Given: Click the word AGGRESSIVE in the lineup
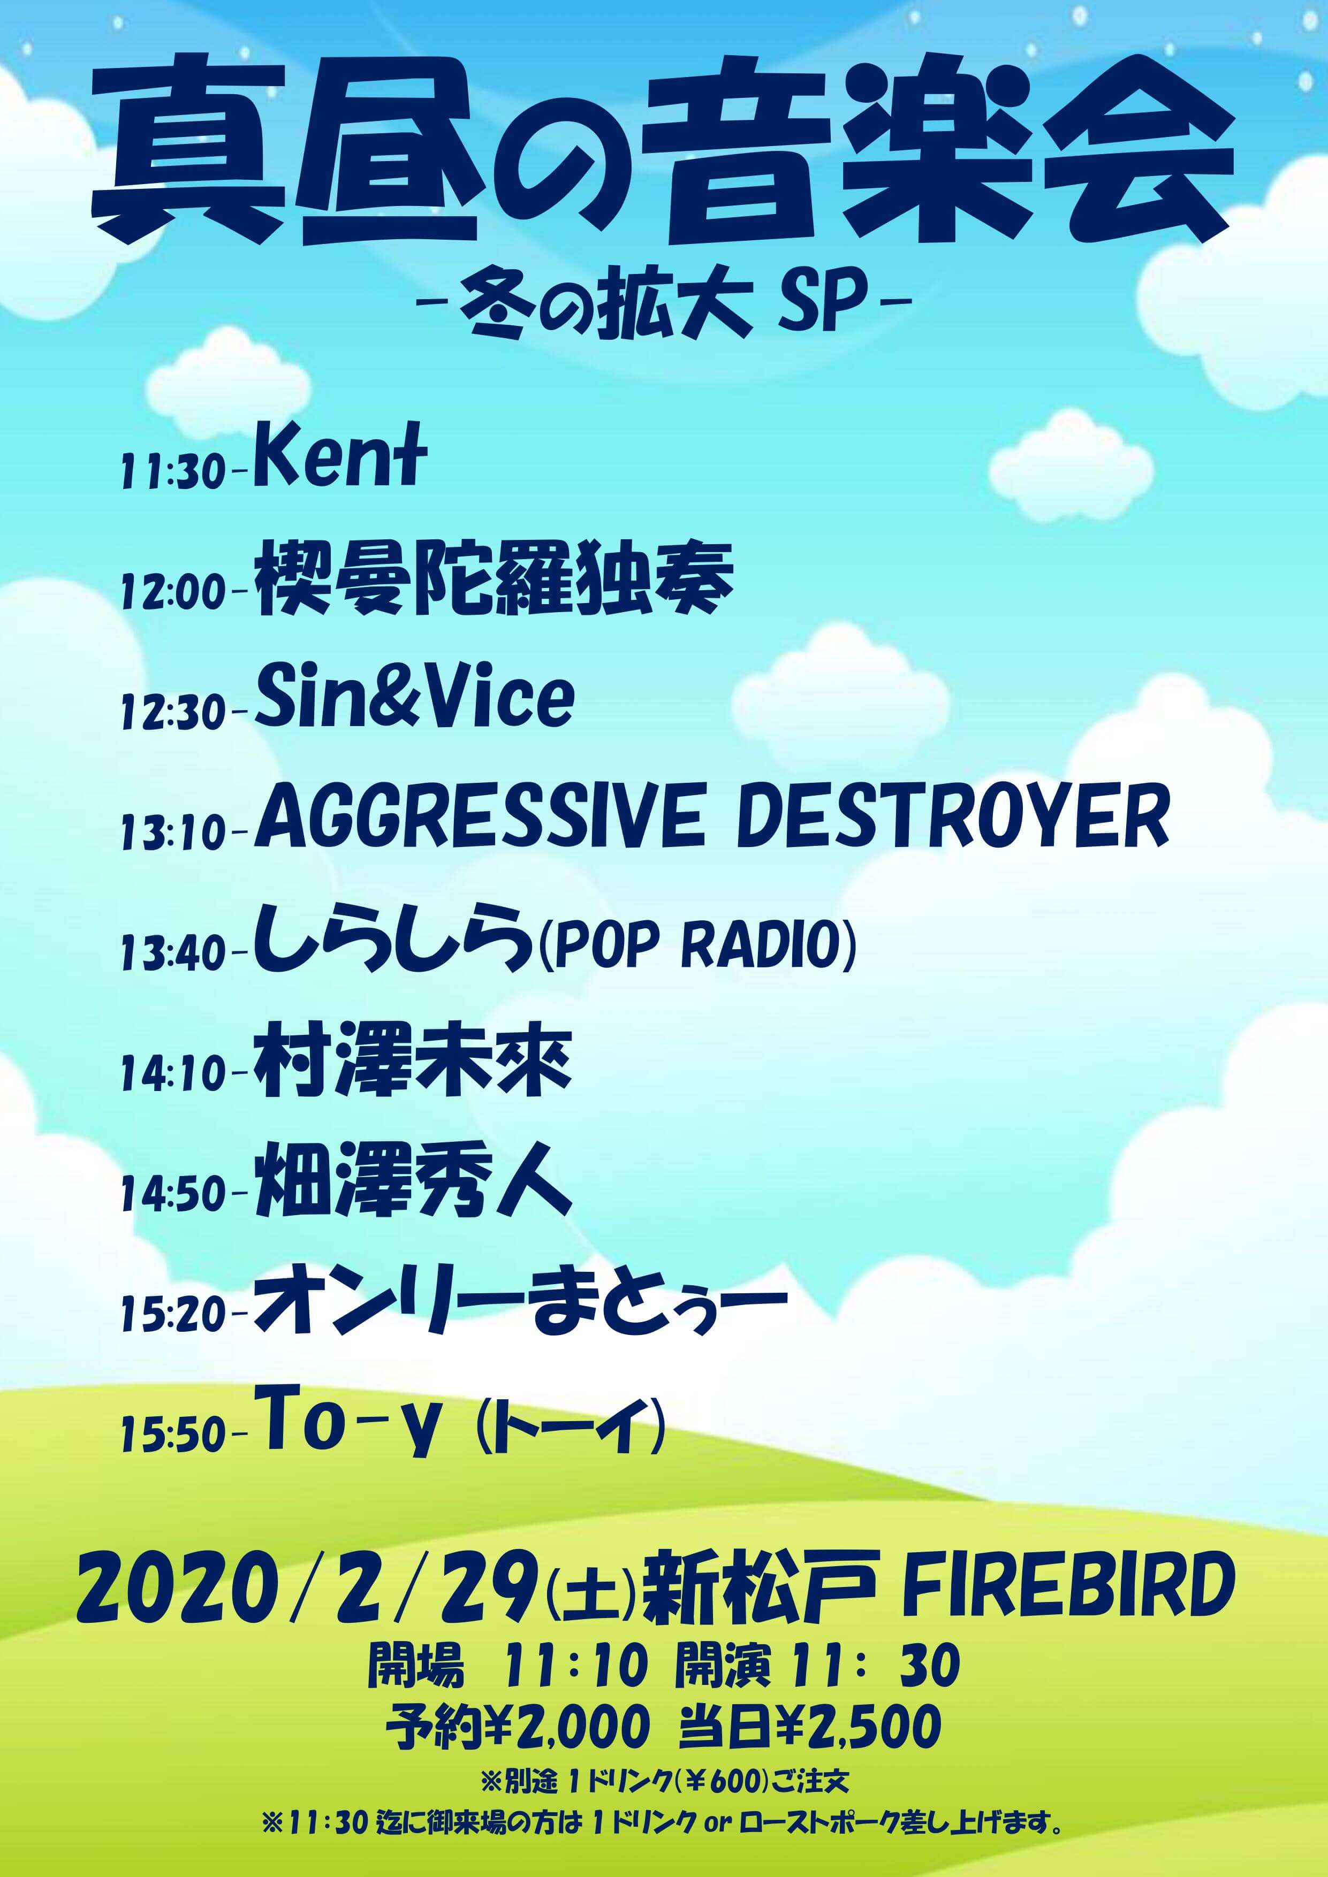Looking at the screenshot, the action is pos(479,817).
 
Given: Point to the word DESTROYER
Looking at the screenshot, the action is pos(953,817).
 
